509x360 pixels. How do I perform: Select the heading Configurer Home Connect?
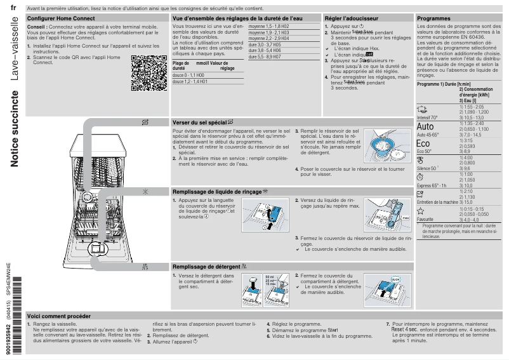click(x=61, y=19)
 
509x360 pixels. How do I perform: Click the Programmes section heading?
click(x=433, y=19)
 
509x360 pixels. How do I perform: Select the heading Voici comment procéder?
click(x=59, y=316)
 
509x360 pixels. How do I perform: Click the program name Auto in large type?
click(x=426, y=126)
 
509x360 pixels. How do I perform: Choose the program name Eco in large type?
click(x=423, y=143)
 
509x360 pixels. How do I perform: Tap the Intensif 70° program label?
click(x=427, y=117)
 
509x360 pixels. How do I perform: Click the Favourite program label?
click(x=425, y=219)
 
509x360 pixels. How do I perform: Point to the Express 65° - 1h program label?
click(x=432, y=185)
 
